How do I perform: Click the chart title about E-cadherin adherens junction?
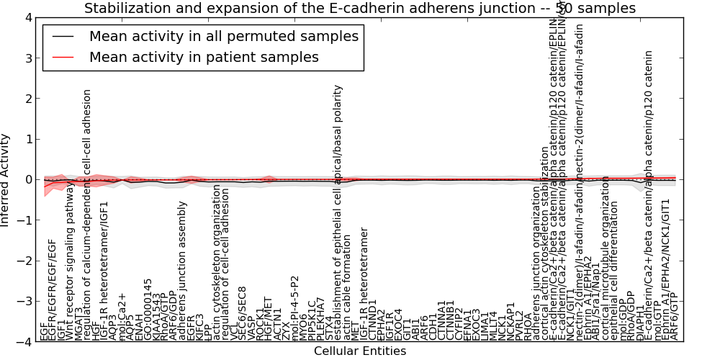point(360,8)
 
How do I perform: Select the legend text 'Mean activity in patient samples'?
point(204,57)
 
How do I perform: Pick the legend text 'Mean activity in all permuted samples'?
point(223,36)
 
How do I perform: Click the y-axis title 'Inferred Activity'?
point(6,180)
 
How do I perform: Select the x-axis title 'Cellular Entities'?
point(360,351)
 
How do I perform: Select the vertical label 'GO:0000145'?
point(148,310)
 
